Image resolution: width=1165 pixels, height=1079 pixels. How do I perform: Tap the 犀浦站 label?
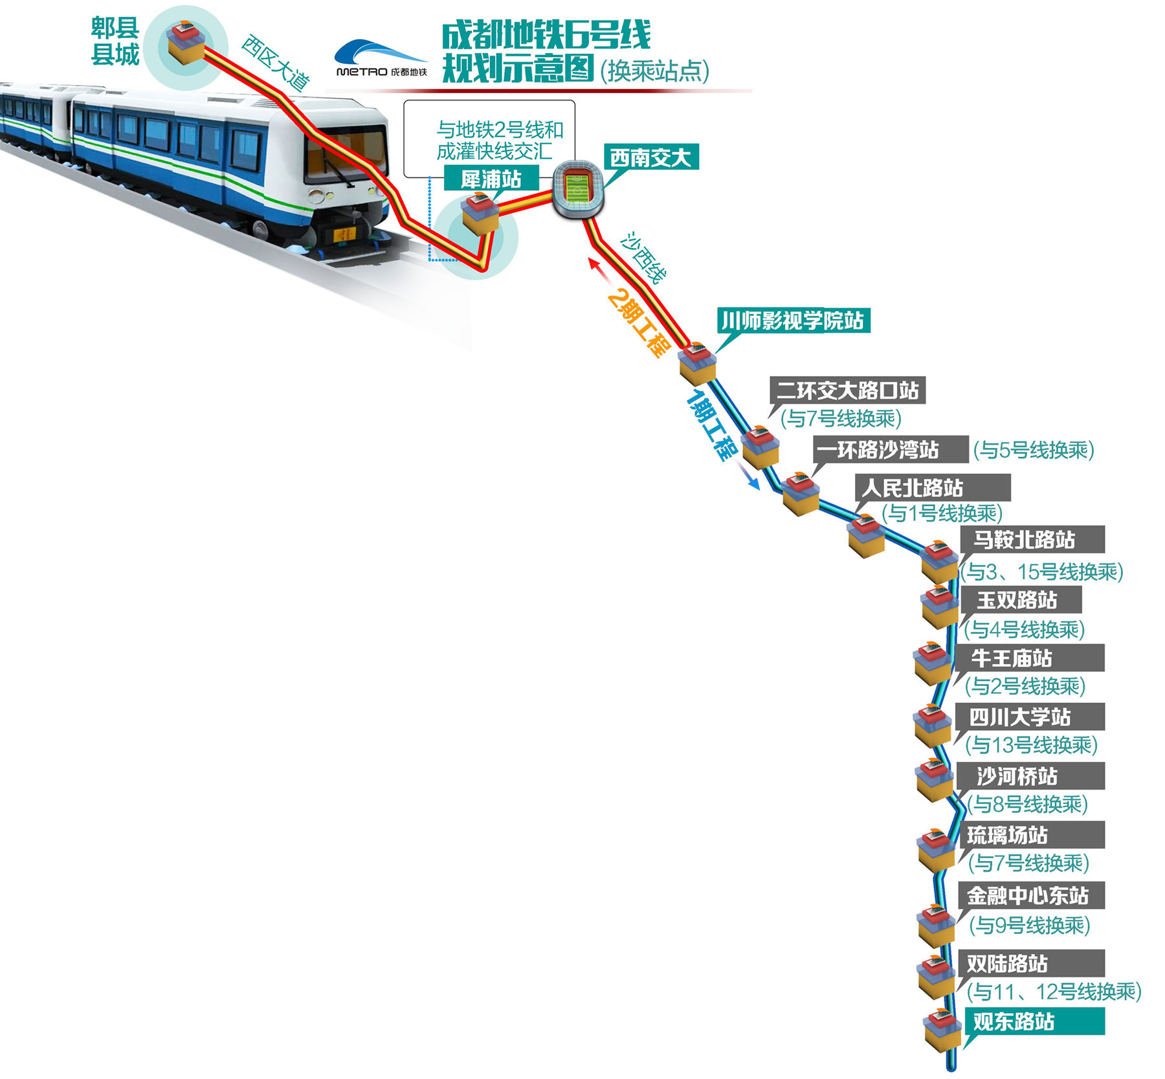click(x=491, y=178)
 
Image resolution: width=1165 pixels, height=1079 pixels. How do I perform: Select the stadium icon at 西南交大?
click(x=577, y=189)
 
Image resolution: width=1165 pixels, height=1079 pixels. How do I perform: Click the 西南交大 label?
click(x=650, y=157)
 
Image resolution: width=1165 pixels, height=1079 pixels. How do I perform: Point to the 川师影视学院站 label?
click(x=793, y=320)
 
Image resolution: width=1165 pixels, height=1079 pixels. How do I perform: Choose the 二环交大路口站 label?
click(x=847, y=390)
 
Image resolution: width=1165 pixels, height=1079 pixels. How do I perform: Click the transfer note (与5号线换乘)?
click(x=1034, y=450)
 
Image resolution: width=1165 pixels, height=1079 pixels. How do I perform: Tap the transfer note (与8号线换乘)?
click(x=1028, y=804)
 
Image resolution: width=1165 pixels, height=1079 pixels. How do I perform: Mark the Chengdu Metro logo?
click(x=381, y=58)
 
